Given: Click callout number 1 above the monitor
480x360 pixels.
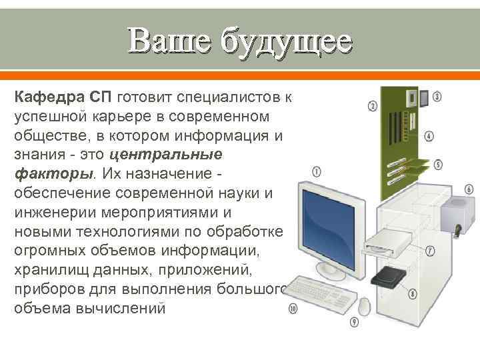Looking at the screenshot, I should (x=316, y=171).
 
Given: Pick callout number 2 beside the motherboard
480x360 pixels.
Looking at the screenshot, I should (x=373, y=106).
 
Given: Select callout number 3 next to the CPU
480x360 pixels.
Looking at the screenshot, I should (x=437, y=96).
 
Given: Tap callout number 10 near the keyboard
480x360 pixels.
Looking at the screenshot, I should (x=293, y=309).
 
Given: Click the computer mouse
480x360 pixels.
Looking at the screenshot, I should (x=364, y=306).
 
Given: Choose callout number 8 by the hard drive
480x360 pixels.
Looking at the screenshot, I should (x=431, y=293).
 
